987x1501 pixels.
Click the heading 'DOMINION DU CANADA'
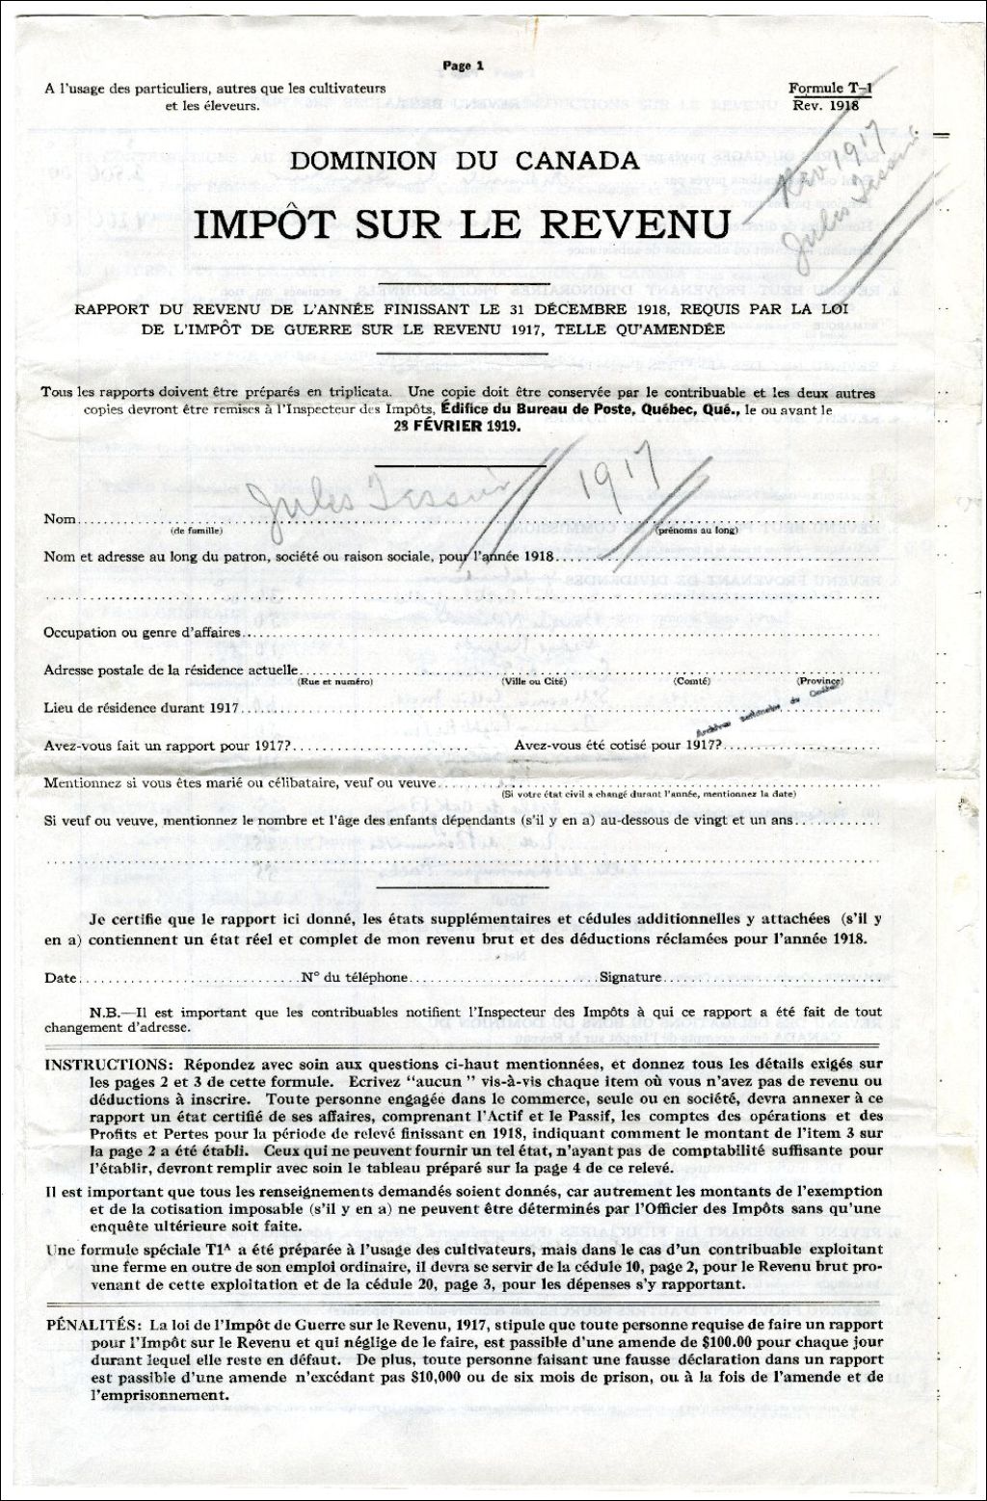click(x=464, y=161)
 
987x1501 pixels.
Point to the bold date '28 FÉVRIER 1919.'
click(x=460, y=426)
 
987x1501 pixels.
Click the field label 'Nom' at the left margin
click(x=59, y=520)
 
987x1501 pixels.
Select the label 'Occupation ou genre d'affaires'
click(x=142, y=633)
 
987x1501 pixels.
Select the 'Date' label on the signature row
click(x=60, y=977)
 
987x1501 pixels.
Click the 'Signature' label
click(x=630, y=977)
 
